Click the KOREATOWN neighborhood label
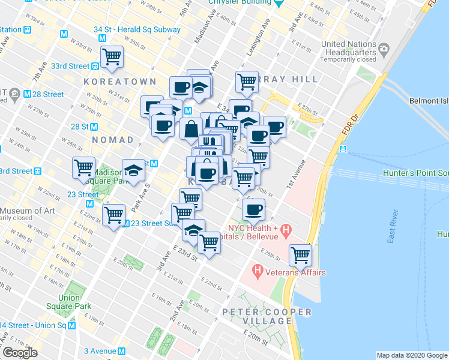[x=120, y=81]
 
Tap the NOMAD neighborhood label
[x=112, y=140]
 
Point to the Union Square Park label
[x=74, y=302]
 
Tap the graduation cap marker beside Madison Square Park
[x=133, y=170]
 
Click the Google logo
[x=20, y=353]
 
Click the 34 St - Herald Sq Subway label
[x=137, y=29]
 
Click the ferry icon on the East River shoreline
[x=342, y=149]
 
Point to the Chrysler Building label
[x=238, y=2]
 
